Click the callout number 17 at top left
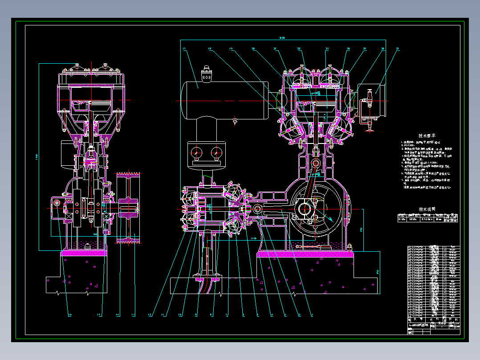(184, 48)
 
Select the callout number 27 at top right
(398, 48)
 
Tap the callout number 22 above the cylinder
(299, 48)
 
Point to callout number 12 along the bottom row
(150, 315)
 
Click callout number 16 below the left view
(70, 315)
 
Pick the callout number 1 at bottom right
(312, 315)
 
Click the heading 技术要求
(427, 135)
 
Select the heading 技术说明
(427, 209)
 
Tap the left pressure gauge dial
(196, 153)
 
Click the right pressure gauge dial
(216, 153)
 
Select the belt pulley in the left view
(128, 207)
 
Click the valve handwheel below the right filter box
(369, 130)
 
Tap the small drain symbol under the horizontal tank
(235, 121)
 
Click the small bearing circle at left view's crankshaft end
(57, 203)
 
